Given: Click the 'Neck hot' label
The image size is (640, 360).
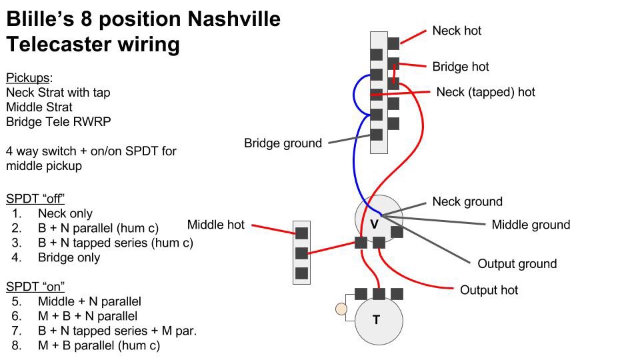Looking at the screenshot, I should tap(456, 31).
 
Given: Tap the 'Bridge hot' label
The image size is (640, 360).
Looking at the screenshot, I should tap(460, 67).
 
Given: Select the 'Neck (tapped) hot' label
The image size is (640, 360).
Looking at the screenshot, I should tap(485, 92).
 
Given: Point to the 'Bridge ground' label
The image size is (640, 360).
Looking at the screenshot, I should tap(283, 143).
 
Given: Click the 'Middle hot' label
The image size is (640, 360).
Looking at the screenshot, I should tap(215, 225).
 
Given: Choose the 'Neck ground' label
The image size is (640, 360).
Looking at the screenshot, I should tap(467, 201).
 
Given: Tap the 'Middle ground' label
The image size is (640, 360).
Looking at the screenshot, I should tap(531, 225).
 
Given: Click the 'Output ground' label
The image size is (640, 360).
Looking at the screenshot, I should tap(517, 263).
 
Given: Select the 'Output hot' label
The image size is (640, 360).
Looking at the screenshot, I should tap(489, 290).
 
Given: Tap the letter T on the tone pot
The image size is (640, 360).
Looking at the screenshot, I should tap(376, 320).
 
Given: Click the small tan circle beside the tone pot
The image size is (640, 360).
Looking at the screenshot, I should tap(341, 309).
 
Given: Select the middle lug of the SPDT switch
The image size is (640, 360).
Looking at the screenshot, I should tap(301, 253).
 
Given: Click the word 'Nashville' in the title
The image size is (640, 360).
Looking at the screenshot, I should tap(233, 19).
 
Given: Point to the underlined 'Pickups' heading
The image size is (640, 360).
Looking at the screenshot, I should tap(27, 77).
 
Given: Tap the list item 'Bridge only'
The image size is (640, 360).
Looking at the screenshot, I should tap(69, 257).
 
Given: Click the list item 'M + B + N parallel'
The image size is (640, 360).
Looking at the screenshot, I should tap(87, 316).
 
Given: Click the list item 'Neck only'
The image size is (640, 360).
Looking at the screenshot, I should tap(65, 213).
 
